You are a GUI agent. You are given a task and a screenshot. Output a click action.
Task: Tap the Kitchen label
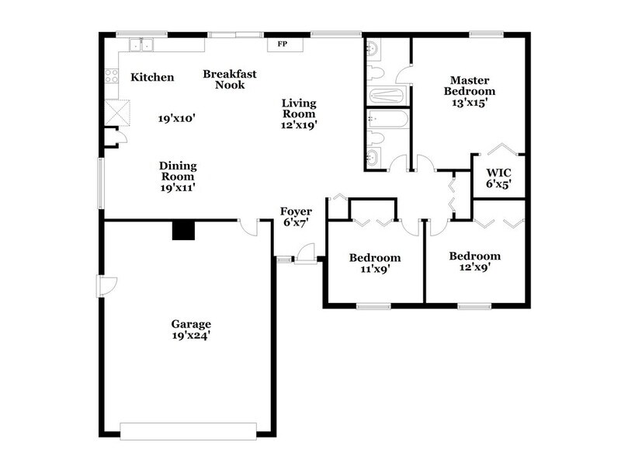(x=152, y=78)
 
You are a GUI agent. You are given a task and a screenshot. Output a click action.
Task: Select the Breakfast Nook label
(x=224, y=79)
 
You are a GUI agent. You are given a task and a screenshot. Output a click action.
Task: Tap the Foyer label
(x=297, y=211)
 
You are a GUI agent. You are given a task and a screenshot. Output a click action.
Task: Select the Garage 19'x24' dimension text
(x=192, y=337)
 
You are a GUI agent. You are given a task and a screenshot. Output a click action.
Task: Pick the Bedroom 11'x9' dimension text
(x=374, y=270)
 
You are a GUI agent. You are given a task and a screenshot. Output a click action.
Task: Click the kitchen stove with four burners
(x=110, y=76)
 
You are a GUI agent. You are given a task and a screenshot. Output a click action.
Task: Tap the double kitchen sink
(x=141, y=44)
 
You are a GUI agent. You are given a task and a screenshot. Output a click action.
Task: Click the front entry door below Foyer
(x=306, y=254)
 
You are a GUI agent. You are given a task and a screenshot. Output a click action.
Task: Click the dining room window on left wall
(x=100, y=183)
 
